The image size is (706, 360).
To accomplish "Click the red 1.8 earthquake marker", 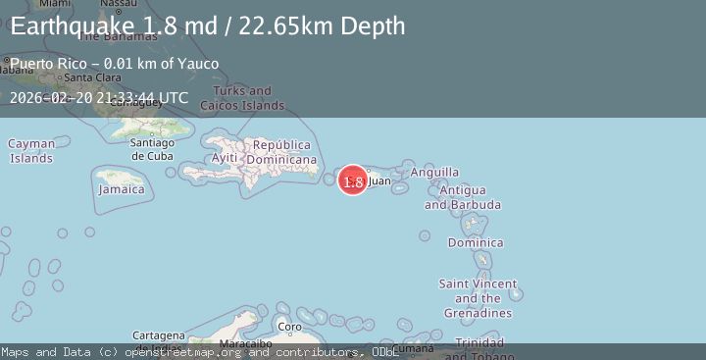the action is pyautogui.click(x=353, y=180).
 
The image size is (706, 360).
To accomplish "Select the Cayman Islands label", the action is pyautogui.click(x=31, y=151).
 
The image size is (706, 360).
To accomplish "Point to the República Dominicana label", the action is pyautogui.click(x=281, y=152).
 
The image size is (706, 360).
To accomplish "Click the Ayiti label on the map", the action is pyautogui.click(x=225, y=157).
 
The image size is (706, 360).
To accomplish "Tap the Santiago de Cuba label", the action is pyautogui.click(x=152, y=149).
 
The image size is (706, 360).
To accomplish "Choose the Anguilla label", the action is pyautogui.click(x=434, y=172).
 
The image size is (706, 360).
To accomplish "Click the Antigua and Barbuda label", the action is pyautogui.click(x=463, y=197).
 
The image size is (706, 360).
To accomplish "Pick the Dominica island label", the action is pyautogui.click(x=476, y=242).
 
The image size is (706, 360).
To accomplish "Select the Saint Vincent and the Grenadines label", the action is pyautogui.click(x=478, y=298).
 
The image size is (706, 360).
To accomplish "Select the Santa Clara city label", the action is pyautogui.click(x=93, y=78).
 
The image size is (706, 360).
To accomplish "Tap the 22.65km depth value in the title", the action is pyautogui.click(x=291, y=26).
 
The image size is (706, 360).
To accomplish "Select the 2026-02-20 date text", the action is pyautogui.click(x=50, y=97).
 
